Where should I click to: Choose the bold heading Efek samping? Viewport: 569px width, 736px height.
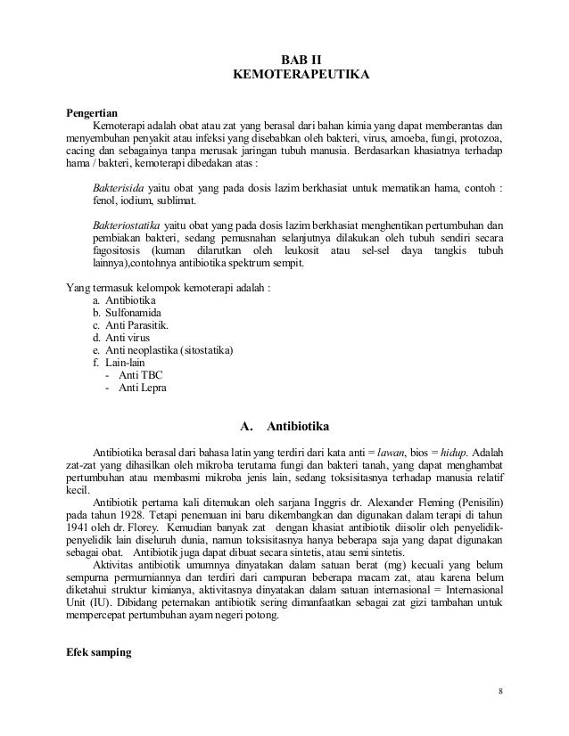tap(99, 652)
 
